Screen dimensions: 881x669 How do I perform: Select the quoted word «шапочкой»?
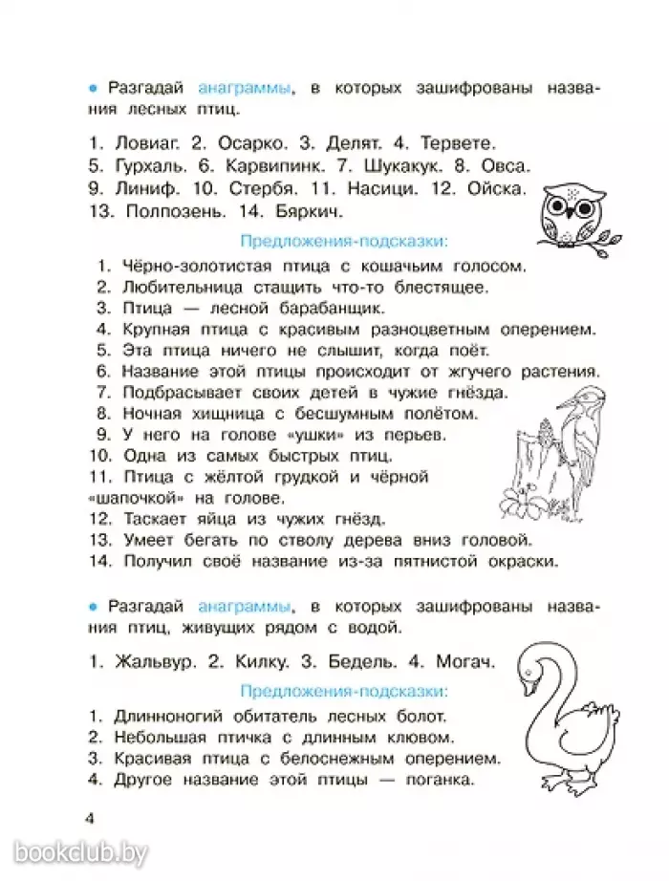point(133,498)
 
